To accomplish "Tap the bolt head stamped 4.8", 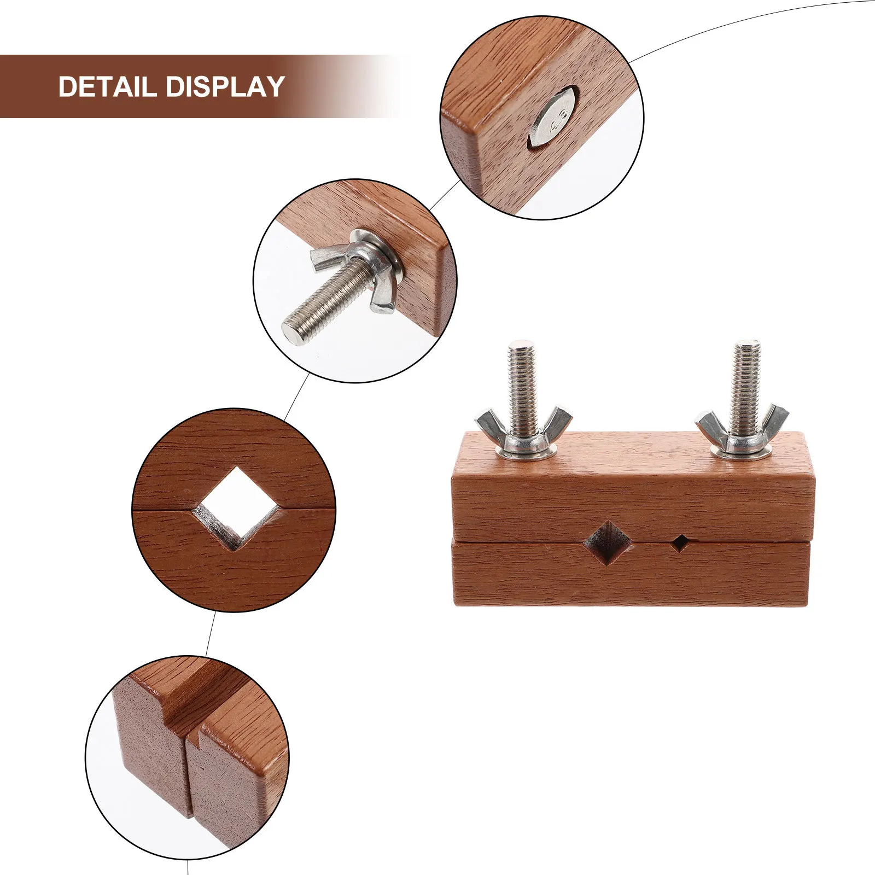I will point(553,119).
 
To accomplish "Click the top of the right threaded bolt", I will point(746,346).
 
